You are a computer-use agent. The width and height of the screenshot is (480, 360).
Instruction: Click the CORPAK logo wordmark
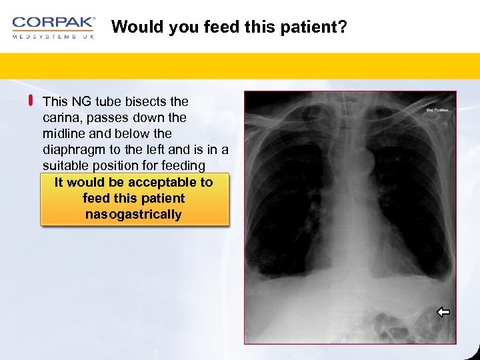coord(53,23)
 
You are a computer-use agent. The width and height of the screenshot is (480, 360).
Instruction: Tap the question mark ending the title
coord(342,27)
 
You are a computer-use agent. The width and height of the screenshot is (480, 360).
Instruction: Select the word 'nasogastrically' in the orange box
coord(133,215)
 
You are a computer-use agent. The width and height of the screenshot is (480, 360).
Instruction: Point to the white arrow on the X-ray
coord(443,311)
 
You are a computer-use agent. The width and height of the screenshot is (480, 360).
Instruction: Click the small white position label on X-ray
coord(437,110)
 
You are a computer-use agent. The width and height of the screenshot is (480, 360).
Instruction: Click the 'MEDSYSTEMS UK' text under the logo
coord(53,37)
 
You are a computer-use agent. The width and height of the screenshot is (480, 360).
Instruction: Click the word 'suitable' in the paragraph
coord(65,165)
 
